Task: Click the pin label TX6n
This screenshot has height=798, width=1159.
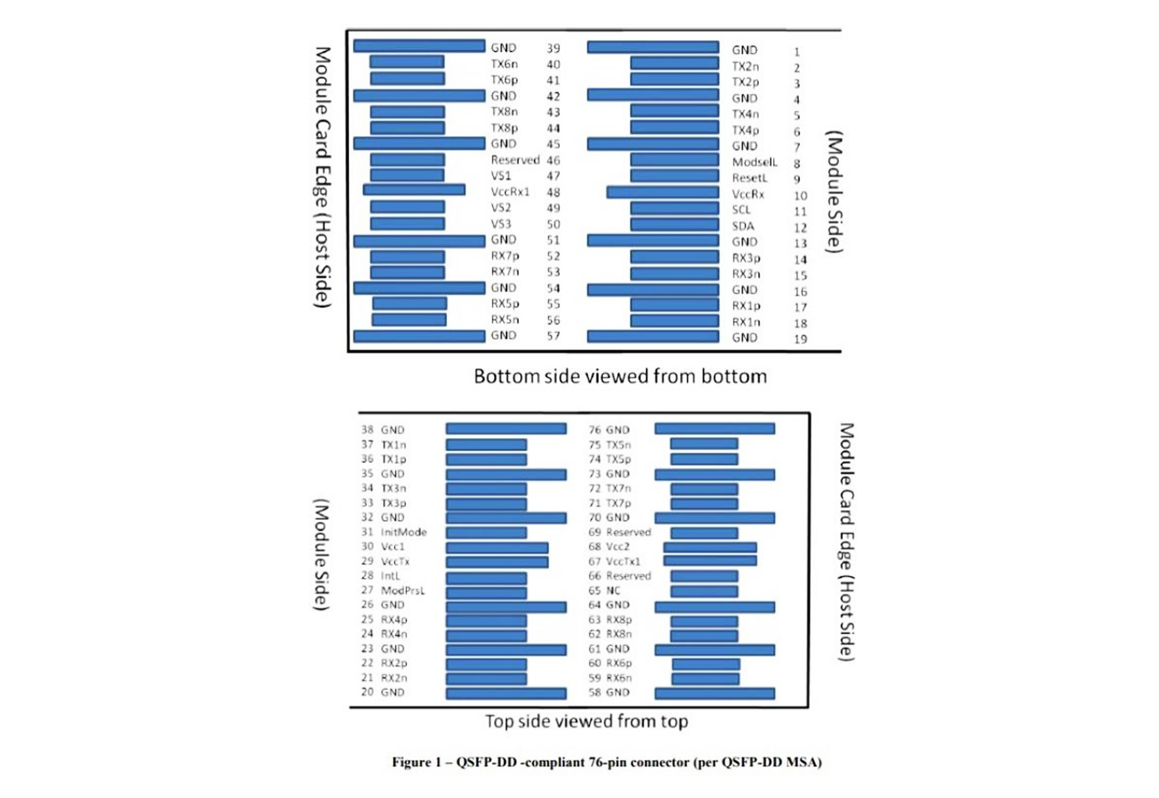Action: [x=504, y=64]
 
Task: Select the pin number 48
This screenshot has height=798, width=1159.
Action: [x=553, y=192]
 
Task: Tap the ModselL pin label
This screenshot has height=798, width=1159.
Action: [x=755, y=162]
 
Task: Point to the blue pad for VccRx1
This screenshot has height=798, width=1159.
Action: [x=414, y=190]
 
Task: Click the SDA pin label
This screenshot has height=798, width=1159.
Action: [x=743, y=226]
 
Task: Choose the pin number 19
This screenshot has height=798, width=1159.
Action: [x=800, y=339]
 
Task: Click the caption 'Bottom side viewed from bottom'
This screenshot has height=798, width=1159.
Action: [x=620, y=377]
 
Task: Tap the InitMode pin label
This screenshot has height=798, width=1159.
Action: [x=403, y=532]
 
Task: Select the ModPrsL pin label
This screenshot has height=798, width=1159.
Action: [x=402, y=591]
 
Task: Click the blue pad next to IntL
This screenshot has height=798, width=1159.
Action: [x=486, y=578]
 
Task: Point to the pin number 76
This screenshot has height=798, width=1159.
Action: [x=595, y=430]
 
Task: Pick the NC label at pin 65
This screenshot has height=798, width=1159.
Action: [x=613, y=591]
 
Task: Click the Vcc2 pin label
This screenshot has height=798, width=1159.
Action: [x=617, y=546]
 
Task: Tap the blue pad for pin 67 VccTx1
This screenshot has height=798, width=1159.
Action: [x=710, y=561]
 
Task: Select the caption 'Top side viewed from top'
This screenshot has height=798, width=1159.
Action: [x=586, y=722]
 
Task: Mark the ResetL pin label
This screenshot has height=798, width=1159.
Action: [x=749, y=178]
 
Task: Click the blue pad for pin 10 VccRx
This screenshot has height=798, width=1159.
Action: [x=662, y=192]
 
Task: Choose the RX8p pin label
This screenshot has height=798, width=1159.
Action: [x=619, y=620]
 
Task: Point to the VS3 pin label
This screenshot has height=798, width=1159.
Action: [x=501, y=224]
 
